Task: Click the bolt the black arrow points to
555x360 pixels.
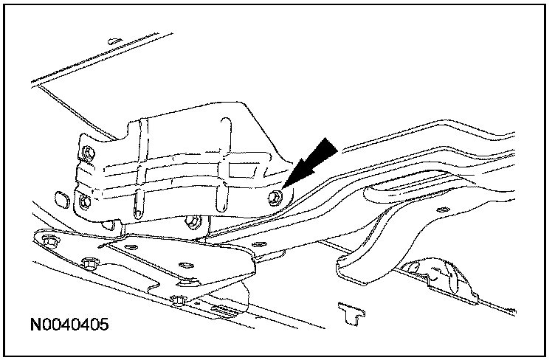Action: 275,197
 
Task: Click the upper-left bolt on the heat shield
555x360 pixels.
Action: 89,153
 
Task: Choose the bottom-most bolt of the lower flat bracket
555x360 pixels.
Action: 177,300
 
